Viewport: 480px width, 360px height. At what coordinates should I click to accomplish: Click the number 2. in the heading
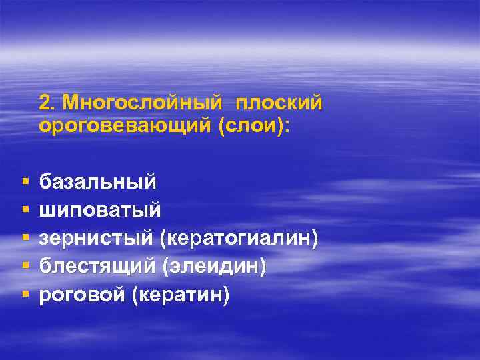tap(47, 103)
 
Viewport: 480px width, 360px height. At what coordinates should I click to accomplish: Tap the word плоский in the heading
tap(279, 103)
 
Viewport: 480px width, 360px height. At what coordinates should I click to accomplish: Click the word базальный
tap(98, 181)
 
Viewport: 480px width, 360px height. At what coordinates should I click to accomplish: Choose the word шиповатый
tap(100, 209)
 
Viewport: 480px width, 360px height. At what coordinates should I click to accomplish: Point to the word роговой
tap(82, 294)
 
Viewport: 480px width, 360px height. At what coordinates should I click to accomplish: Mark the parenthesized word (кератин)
tap(181, 294)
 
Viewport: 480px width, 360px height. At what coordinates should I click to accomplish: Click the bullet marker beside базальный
tap(24, 182)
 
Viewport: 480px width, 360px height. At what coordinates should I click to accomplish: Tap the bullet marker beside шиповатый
tap(24, 210)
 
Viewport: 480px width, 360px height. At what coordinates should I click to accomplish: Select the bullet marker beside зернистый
tap(24, 238)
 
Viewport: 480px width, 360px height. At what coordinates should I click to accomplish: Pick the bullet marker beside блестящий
tap(24, 266)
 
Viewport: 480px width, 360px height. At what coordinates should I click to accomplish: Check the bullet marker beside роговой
tap(24, 294)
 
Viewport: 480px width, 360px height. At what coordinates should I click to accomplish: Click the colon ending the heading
tap(287, 126)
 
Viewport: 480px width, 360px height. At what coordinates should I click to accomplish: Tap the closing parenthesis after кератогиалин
tap(313, 238)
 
